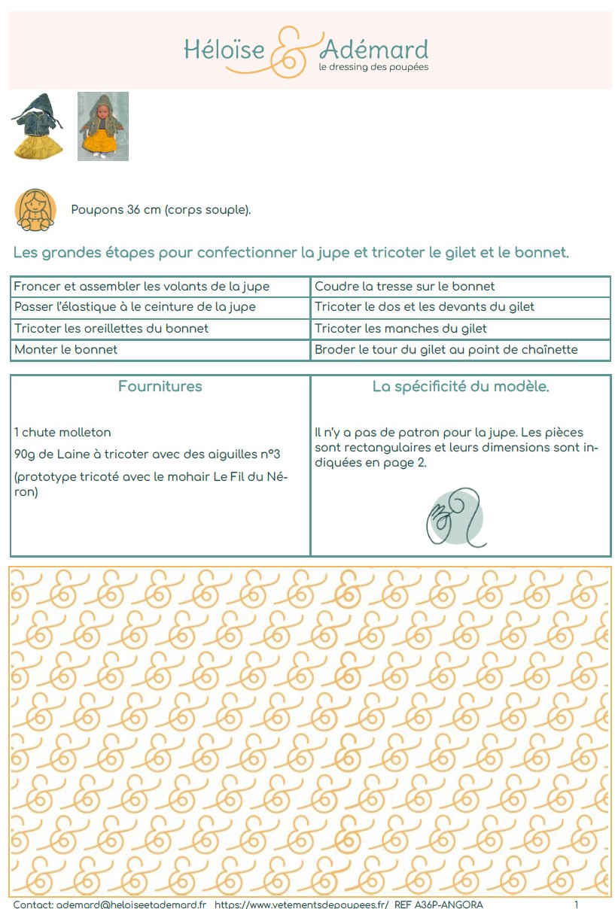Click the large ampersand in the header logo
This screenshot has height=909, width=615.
pyautogui.click(x=291, y=51)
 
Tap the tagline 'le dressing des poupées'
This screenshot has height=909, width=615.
pyautogui.click(x=373, y=68)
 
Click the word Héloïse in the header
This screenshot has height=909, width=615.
pyautogui.click(x=224, y=50)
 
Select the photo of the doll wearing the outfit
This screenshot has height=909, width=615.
pyautogui.click(x=103, y=126)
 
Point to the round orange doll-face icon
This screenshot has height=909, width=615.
pyautogui.click(x=35, y=209)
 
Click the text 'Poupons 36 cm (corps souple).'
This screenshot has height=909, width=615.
pyautogui.click(x=161, y=210)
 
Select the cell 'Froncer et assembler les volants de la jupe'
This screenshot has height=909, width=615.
pyautogui.click(x=142, y=287)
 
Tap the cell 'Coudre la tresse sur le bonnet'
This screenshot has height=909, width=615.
pyautogui.click(x=405, y=287)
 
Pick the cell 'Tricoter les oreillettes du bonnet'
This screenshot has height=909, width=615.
pyautogui.click(x=111, y=329)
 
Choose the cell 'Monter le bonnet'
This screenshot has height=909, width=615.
pyautogui.click(x=65, y=350)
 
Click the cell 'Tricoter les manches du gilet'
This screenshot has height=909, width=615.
pyautogui.click(x=401, y=329)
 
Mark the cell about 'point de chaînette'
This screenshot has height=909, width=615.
pyautogui.click(x=446, y=350)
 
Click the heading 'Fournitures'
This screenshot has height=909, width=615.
pyautogui.click(x=160, y=387)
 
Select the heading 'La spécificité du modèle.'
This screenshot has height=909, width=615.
pyautogui.click(x=461, y=387)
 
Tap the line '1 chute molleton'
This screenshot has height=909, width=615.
pyautogui.click(x=62, y=433)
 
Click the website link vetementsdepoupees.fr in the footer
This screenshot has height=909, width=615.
pyautogui.click(x=301, y=904)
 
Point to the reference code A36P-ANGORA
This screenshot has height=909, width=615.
pyautogui.click(x=450, y=904)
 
